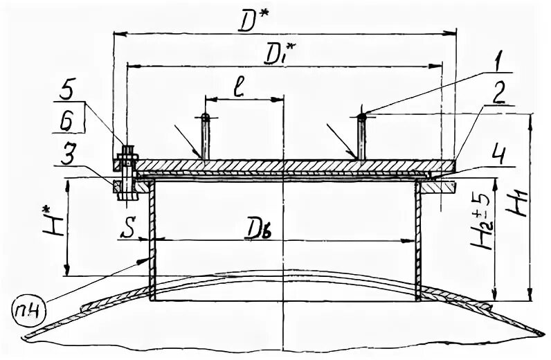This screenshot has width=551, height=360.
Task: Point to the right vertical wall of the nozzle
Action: click(419, 242)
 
